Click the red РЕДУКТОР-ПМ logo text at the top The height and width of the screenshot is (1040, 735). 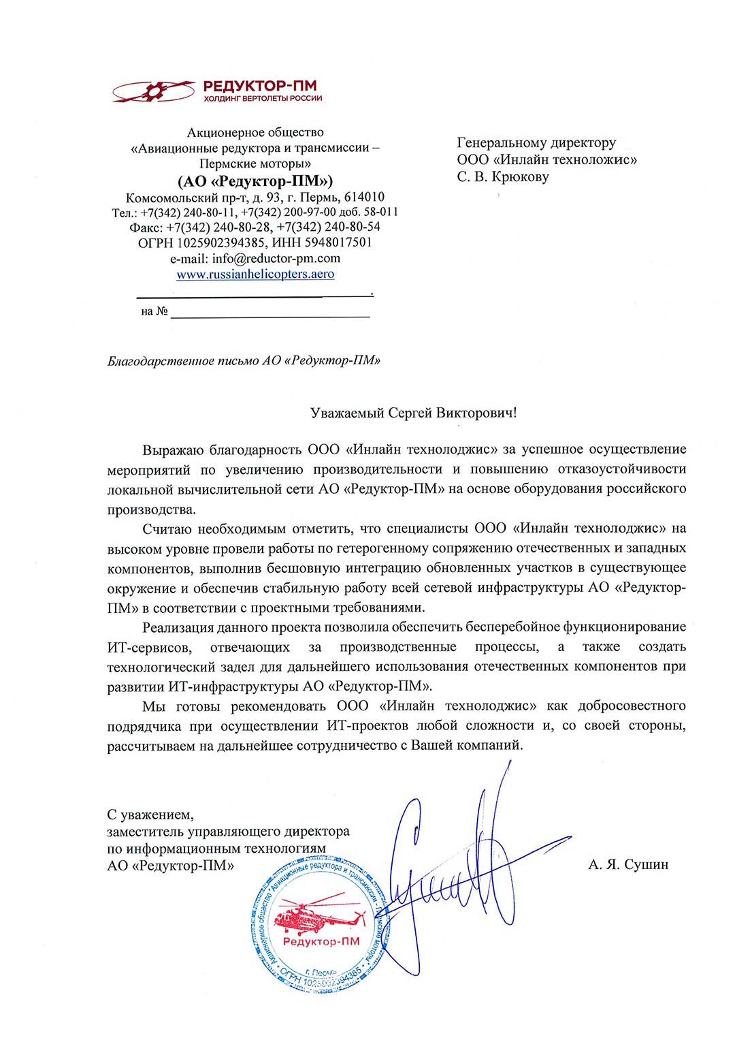click(x=260, y=86)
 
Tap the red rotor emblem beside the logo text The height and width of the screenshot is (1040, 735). click(x=153, y=91)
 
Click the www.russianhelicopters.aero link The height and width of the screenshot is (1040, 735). click(x=255, y=274)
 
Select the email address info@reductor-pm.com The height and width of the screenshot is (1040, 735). click(x=276, y=259)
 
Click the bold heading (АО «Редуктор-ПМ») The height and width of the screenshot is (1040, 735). click(x=255, y=181)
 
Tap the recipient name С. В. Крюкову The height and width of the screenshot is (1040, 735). click(x=503, y=177)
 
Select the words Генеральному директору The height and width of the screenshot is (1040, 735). click(x=536, y=143)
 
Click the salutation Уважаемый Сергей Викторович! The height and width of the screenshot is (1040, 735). click(x=413, y=413)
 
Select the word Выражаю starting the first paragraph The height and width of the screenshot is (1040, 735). click(x=173, y=450)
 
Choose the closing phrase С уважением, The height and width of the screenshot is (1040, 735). click(x=150, y=815)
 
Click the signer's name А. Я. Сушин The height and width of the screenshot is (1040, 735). click(x=628, y=865)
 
